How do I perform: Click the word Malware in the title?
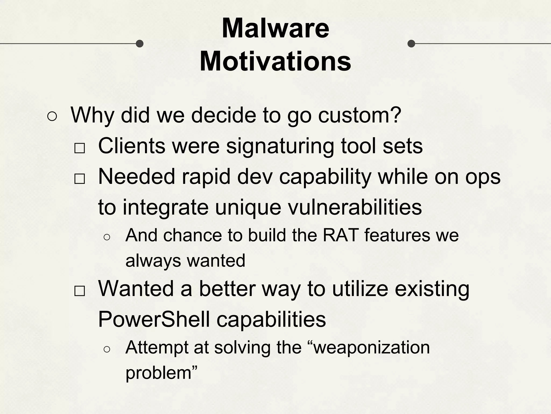point(275,28)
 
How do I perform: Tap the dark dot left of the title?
point(139,43)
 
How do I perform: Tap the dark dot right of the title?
point(411,43)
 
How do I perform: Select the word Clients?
point(132,146)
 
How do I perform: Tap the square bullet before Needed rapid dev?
point(80,179)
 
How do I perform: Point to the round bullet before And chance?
point(107,237)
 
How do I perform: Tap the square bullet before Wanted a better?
point(80,291)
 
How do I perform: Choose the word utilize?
point(360,289)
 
